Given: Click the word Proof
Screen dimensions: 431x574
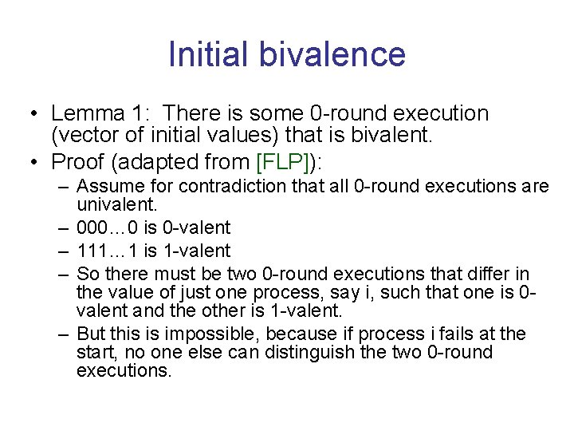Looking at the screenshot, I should tap(78, 162).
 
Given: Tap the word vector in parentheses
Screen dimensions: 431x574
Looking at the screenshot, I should tap(81, 136).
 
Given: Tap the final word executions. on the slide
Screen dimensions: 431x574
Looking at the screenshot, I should tap(124, 370).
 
